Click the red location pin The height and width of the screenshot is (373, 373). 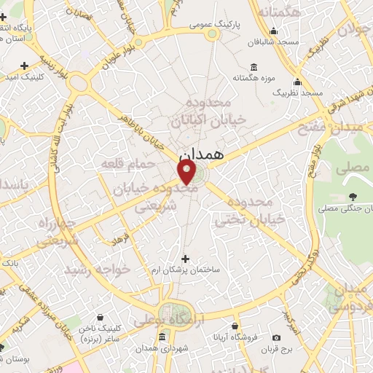(x=187, y=173)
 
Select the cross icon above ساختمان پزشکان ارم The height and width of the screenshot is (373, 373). (x=185, y=258)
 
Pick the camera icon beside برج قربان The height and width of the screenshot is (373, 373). (x=276, y=337)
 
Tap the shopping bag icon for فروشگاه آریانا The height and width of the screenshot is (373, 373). (x=235, y=326)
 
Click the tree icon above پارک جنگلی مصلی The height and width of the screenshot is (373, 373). (x=353, y=197)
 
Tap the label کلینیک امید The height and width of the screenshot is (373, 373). (x=25, y=76)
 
